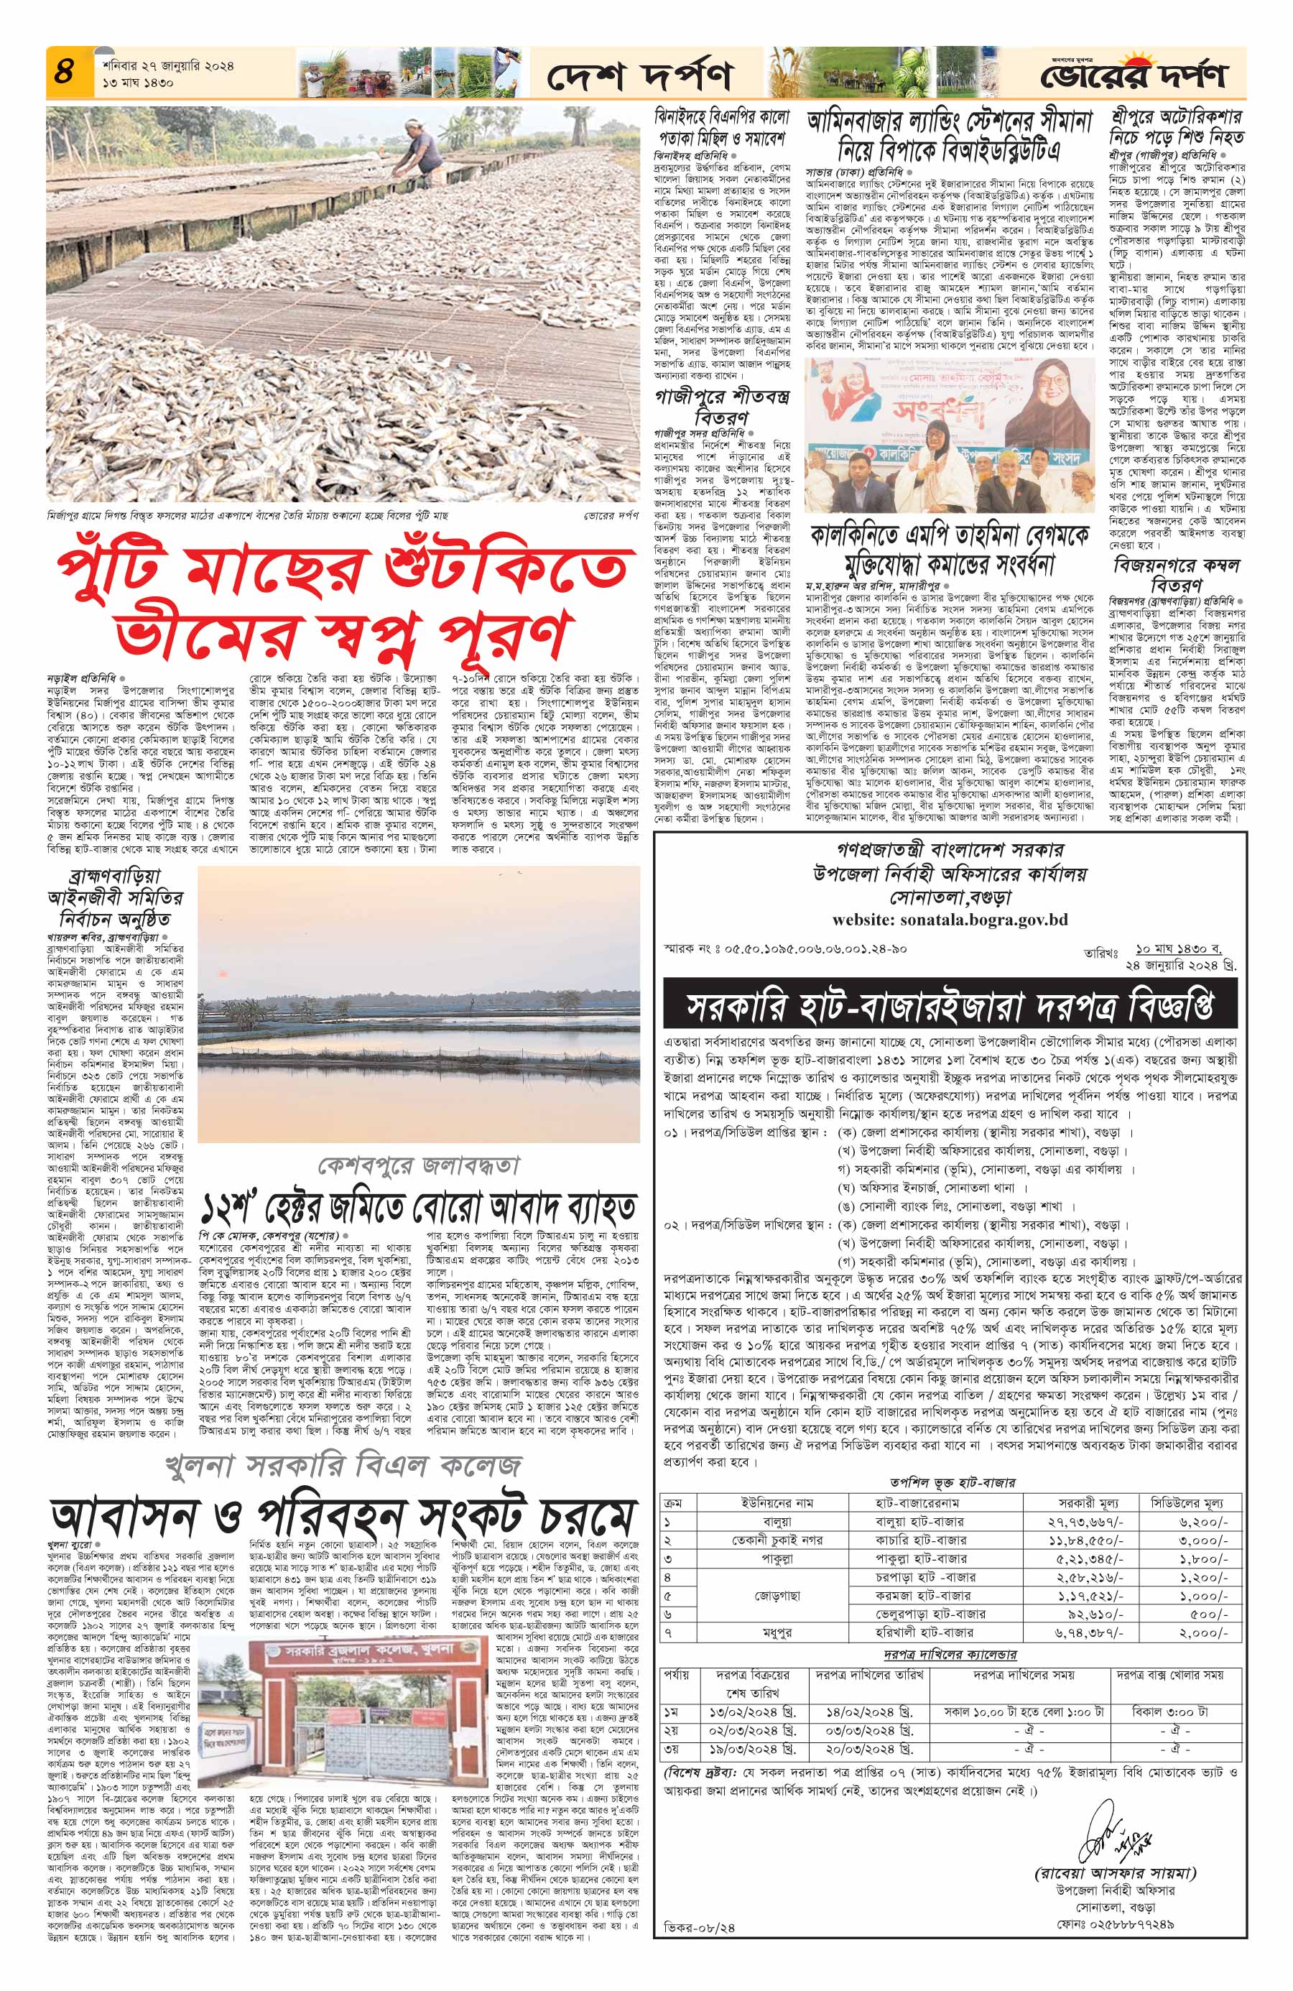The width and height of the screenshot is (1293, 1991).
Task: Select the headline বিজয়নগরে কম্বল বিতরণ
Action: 1175,574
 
